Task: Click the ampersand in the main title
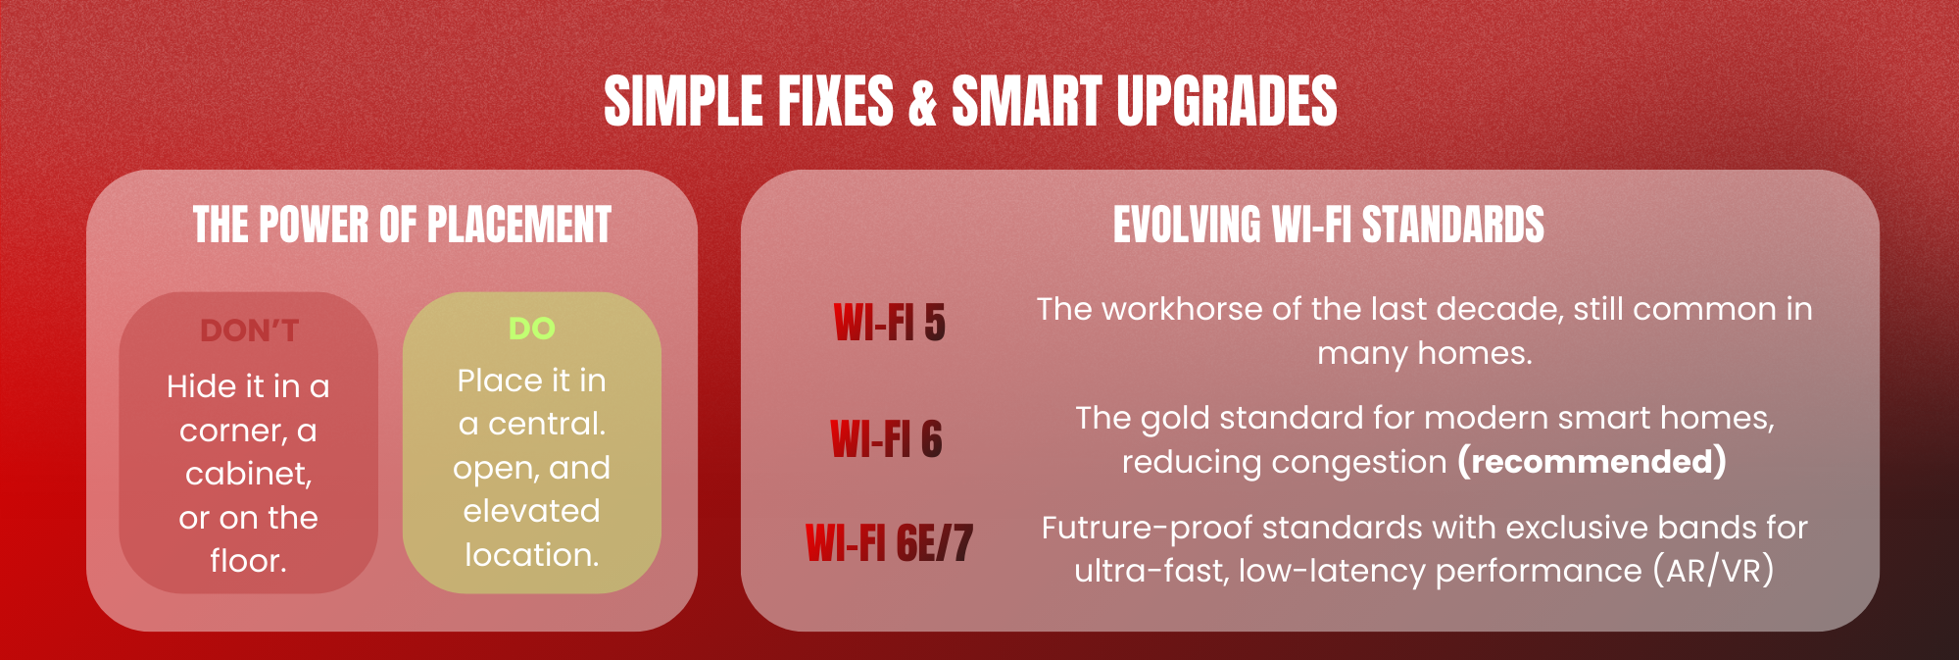[x=923, y=101]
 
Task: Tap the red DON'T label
[x=249, y=330]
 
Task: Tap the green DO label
[x=532, y=329]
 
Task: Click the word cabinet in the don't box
[x=249, y=474]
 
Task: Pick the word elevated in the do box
[x=531, y=511]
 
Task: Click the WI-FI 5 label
[x=890, y=323]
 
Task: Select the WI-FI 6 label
[x=887, y=438]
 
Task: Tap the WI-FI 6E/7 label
[x=889, y=542]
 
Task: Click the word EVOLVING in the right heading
[x=1187, y=225]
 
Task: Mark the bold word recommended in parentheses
[x=1592, y=461]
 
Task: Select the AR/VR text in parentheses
[x=1713, y=571]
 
